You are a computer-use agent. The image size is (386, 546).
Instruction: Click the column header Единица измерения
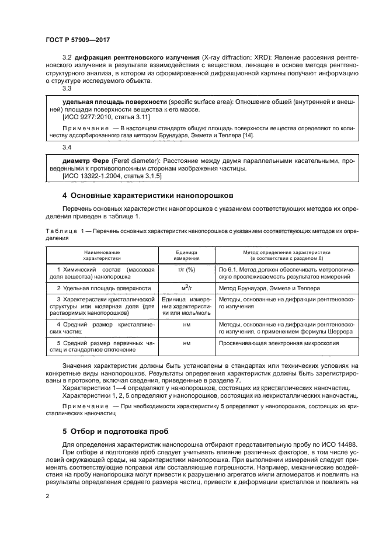tap(187, 254)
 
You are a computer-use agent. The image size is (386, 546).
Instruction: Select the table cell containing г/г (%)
tap(187, 270)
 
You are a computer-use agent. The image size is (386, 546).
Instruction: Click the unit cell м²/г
tap(187, 288)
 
